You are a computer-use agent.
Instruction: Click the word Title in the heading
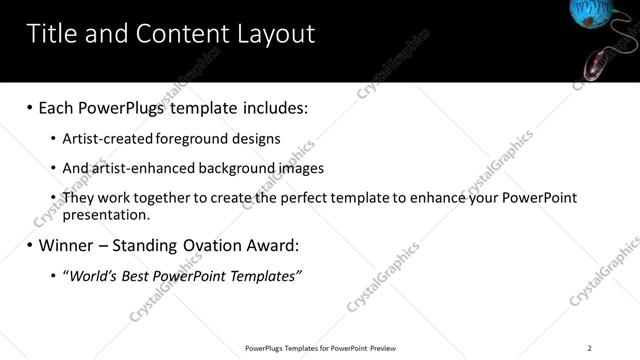point(53,34)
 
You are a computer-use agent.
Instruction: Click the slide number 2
point(590,348)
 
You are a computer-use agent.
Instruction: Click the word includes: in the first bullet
point(269,107)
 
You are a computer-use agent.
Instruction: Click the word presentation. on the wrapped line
point(105,214)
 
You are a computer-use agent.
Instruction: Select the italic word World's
point(91,275)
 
